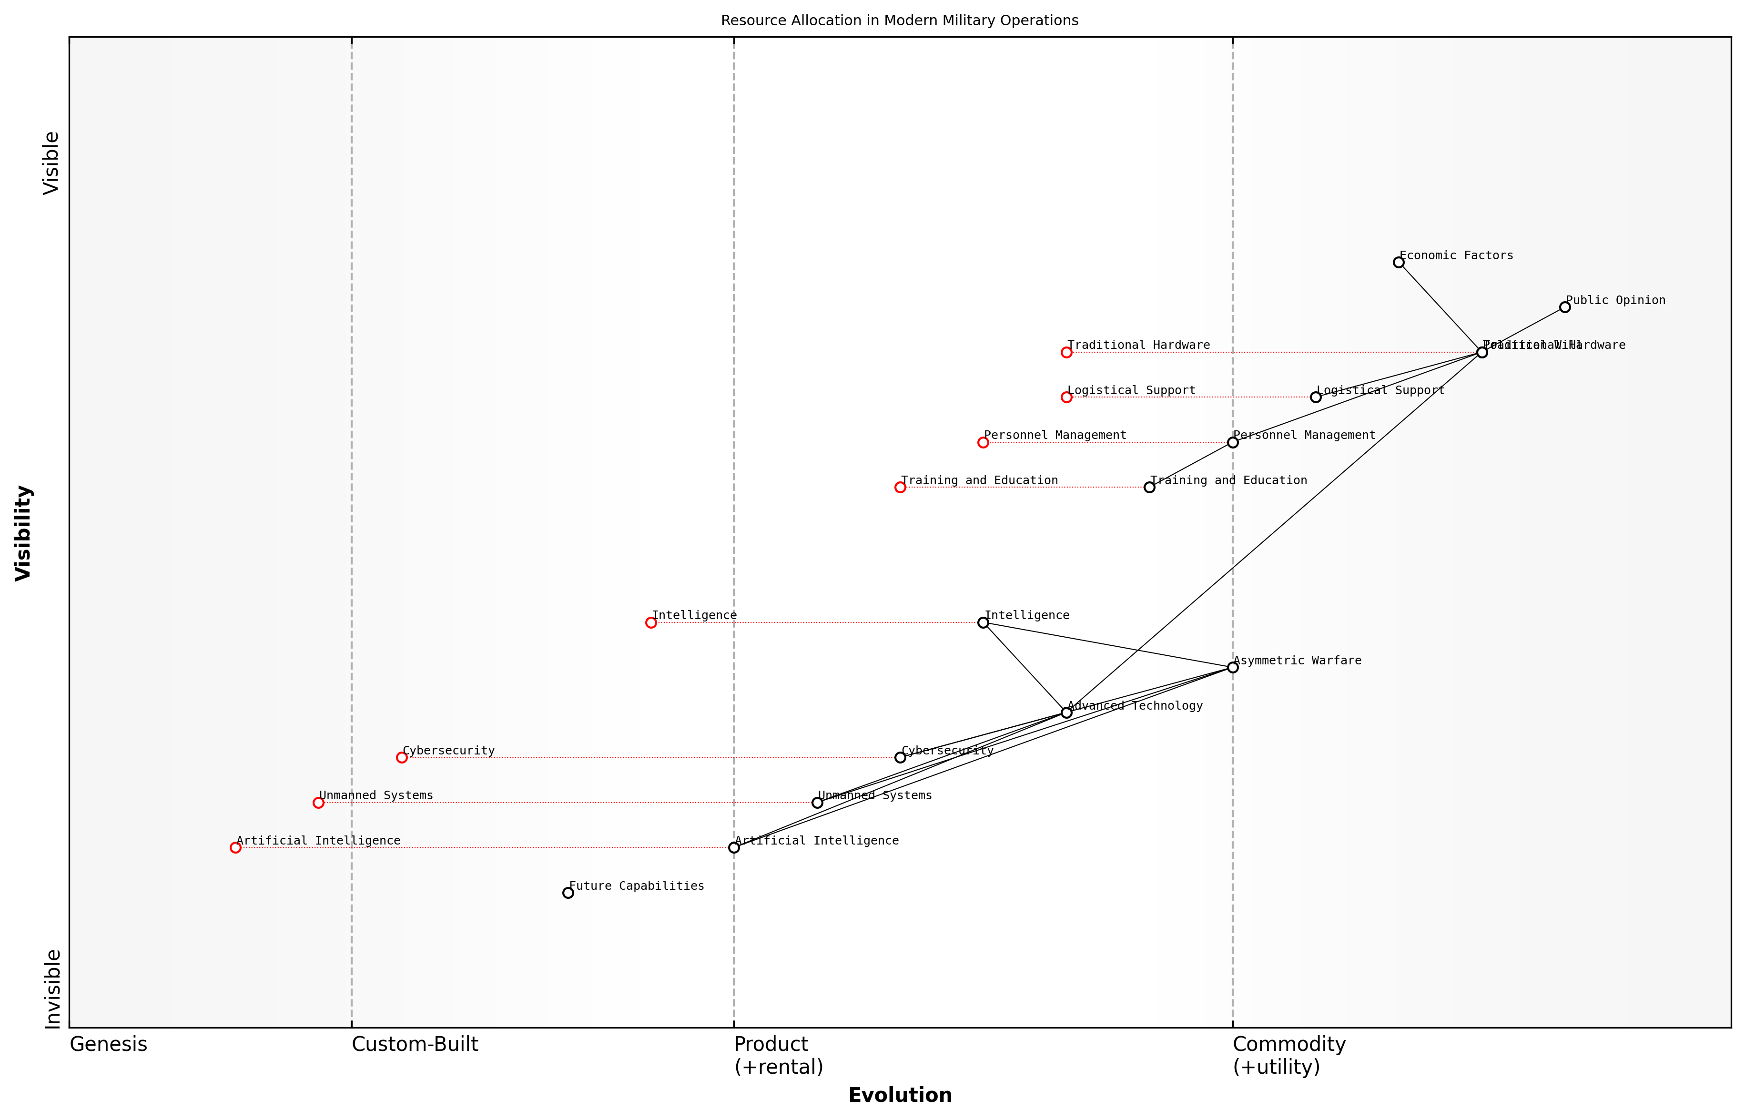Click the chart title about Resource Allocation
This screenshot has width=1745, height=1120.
tap(899, 20)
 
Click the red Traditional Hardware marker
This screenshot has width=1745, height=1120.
tap(1066, 352)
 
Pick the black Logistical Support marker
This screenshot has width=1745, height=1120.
tap(1315, 397)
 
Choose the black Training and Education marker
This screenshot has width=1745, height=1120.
tap(1149, 487)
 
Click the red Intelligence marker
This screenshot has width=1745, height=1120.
tap(651, 622)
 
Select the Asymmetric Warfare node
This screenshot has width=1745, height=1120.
tap(1232, 667)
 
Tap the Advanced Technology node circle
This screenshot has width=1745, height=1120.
tap(1066, 712)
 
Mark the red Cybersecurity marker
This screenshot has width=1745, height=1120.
tap(401, 757)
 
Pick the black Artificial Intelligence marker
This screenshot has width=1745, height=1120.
tap(734, 847)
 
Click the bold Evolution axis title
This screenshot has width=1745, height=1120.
tap(899, 1095)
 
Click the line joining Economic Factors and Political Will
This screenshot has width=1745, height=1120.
tap(1440, 307)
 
